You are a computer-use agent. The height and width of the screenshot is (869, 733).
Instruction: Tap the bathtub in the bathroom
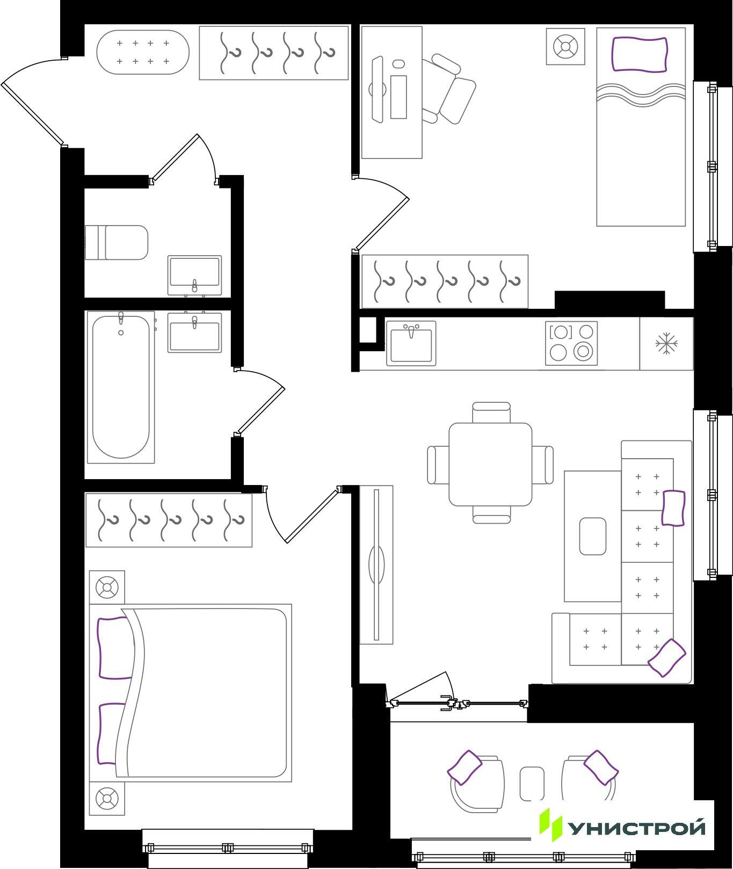121,387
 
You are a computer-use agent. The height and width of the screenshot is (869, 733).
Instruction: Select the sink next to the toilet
194,275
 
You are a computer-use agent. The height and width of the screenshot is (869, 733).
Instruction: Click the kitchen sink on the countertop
411,344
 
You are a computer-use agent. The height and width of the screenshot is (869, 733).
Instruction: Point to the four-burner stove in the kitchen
571,343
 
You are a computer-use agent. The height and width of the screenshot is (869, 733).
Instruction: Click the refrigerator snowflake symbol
666,343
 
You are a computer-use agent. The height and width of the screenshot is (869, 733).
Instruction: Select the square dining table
490,464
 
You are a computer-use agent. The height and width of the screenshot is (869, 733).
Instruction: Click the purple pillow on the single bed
640,54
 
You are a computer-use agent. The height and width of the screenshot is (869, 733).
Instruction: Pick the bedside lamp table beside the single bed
565,47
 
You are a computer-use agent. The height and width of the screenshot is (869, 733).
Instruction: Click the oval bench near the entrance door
143,52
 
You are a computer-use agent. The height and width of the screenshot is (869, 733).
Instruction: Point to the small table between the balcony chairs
532,784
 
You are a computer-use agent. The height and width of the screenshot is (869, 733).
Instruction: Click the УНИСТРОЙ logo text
637,828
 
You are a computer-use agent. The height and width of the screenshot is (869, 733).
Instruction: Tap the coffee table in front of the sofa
593,536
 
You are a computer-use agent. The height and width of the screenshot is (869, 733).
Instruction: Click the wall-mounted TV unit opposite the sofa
376,564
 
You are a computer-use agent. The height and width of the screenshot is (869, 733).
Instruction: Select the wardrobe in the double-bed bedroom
169,520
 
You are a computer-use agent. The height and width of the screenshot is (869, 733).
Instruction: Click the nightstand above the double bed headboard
107,588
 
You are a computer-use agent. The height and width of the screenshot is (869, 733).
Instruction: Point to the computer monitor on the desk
378,89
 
